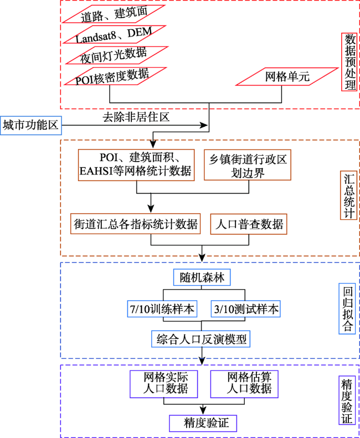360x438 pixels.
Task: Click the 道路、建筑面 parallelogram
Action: coord(114,14)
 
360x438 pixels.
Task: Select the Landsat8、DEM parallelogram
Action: coord(114,35)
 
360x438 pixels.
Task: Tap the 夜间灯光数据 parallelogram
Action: coord(116,55)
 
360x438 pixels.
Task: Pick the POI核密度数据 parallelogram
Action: coord(115,76)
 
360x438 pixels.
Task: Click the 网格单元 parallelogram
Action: coord(287,76)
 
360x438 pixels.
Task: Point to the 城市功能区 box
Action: coord(31,126)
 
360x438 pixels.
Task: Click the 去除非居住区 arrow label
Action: coord(136,117)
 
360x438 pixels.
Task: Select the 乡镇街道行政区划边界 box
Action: coord(248,165)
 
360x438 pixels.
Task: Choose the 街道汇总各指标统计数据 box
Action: coord(136,224)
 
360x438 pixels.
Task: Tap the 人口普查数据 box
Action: coord(249,224)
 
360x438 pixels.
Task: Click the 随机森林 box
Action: coord(202,277)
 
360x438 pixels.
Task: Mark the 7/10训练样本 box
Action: coord(162,309)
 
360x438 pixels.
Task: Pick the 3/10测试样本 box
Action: coord(246,309)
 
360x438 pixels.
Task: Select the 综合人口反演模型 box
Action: coord(201,339)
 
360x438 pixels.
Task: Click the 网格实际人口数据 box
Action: coord(164,384)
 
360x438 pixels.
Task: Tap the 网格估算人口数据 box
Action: coord(244,384)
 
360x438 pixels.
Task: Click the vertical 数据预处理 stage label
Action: coord(349,62)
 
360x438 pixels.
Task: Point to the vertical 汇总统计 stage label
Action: coord(349,195)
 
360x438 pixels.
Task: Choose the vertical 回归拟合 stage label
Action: coord(347,308)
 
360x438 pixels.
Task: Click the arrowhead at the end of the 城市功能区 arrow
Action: coord(204,126)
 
